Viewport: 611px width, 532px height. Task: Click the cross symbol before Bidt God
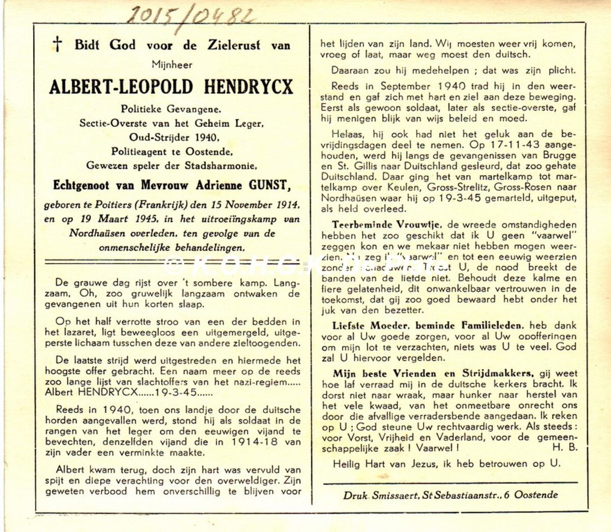[x=58, y=45]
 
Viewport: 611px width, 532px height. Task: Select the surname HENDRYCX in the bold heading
[x=249, y=87]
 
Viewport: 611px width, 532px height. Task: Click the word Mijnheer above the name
[x=172, y=64]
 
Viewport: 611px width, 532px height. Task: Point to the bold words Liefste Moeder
[x=365, y=325]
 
